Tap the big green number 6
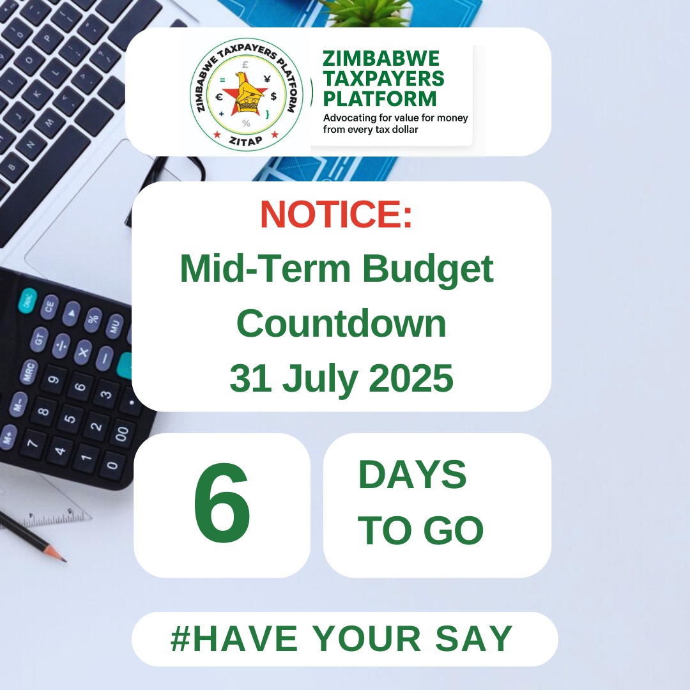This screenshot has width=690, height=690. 222,505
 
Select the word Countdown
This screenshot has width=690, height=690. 341,324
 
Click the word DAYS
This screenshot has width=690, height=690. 412,475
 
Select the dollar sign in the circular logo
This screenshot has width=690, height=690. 273,96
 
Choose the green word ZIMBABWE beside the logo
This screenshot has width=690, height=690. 381,59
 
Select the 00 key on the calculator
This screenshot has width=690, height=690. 121,435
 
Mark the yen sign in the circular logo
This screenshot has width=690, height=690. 266,79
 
